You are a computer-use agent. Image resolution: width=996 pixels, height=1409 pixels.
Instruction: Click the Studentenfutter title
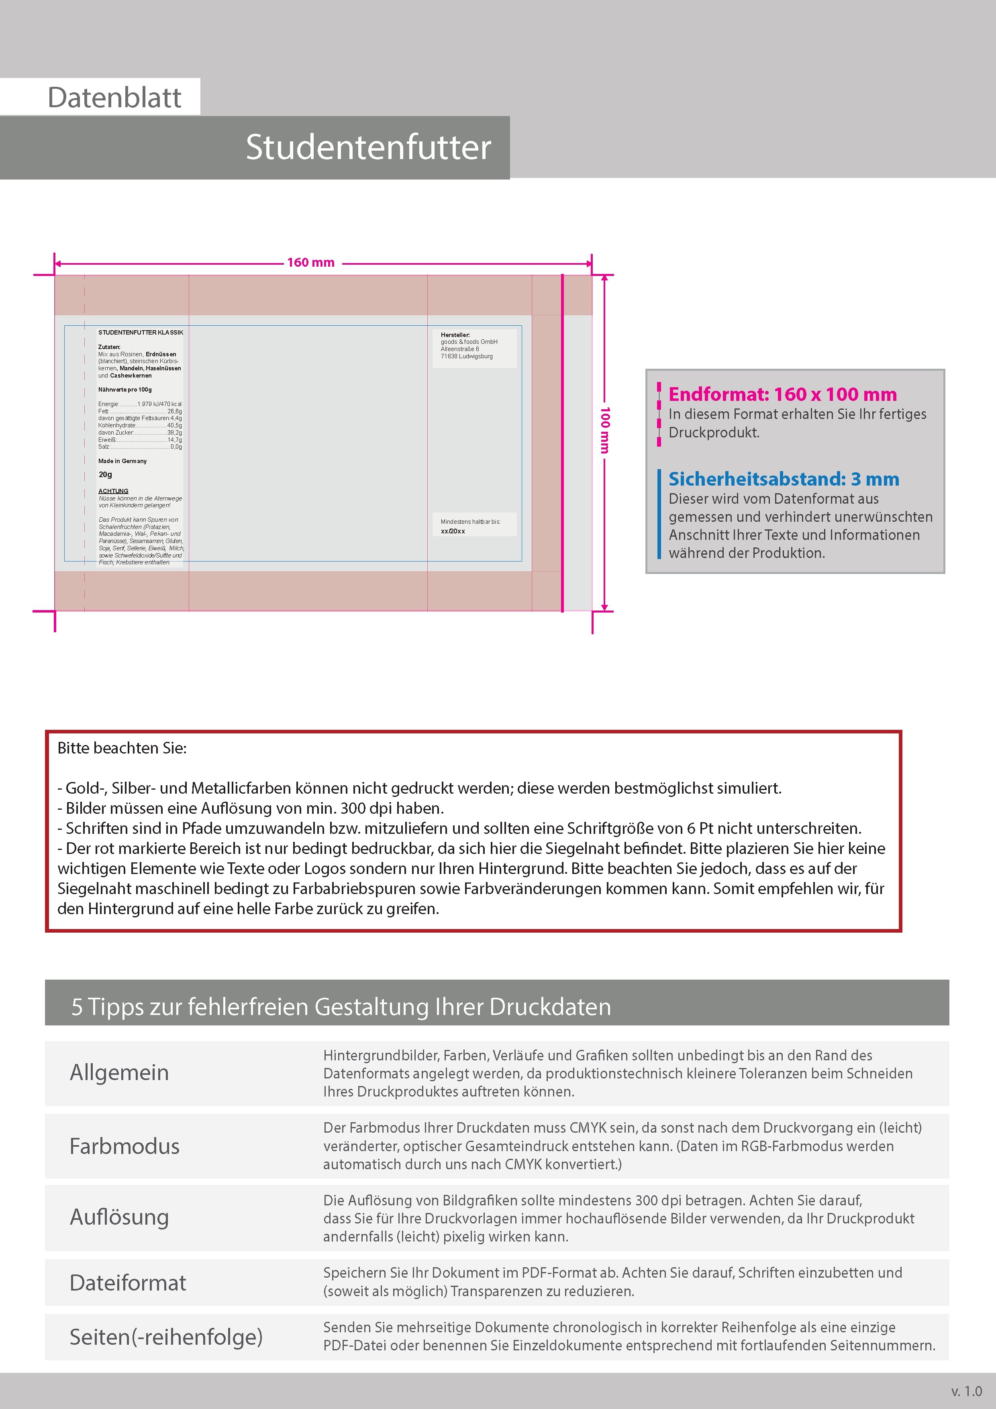(x=368, y=147)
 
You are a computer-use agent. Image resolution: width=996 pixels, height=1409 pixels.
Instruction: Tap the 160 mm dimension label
(x=310, y=263)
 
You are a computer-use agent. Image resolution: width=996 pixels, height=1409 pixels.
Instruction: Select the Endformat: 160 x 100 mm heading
(x=782, y=394)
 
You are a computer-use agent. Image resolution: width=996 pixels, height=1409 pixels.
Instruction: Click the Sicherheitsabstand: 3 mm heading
(x=784, y=479)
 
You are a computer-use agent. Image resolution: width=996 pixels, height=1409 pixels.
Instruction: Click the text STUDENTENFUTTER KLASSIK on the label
(x=141, y=333)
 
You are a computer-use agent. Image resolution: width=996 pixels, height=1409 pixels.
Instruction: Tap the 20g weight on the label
(x=106, y=474)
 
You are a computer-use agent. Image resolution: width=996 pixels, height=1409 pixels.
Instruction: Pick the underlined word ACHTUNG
(x=114, y=491)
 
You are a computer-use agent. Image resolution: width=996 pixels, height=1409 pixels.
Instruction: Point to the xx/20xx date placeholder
(x=453, y=531)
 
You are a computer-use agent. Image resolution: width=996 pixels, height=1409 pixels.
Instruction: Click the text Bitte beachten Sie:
(x=122, y=748)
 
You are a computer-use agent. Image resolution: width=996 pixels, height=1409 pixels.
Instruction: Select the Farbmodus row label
(x=124, y=1146)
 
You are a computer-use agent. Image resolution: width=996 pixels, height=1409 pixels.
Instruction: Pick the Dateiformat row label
(x=128, y=1282)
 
